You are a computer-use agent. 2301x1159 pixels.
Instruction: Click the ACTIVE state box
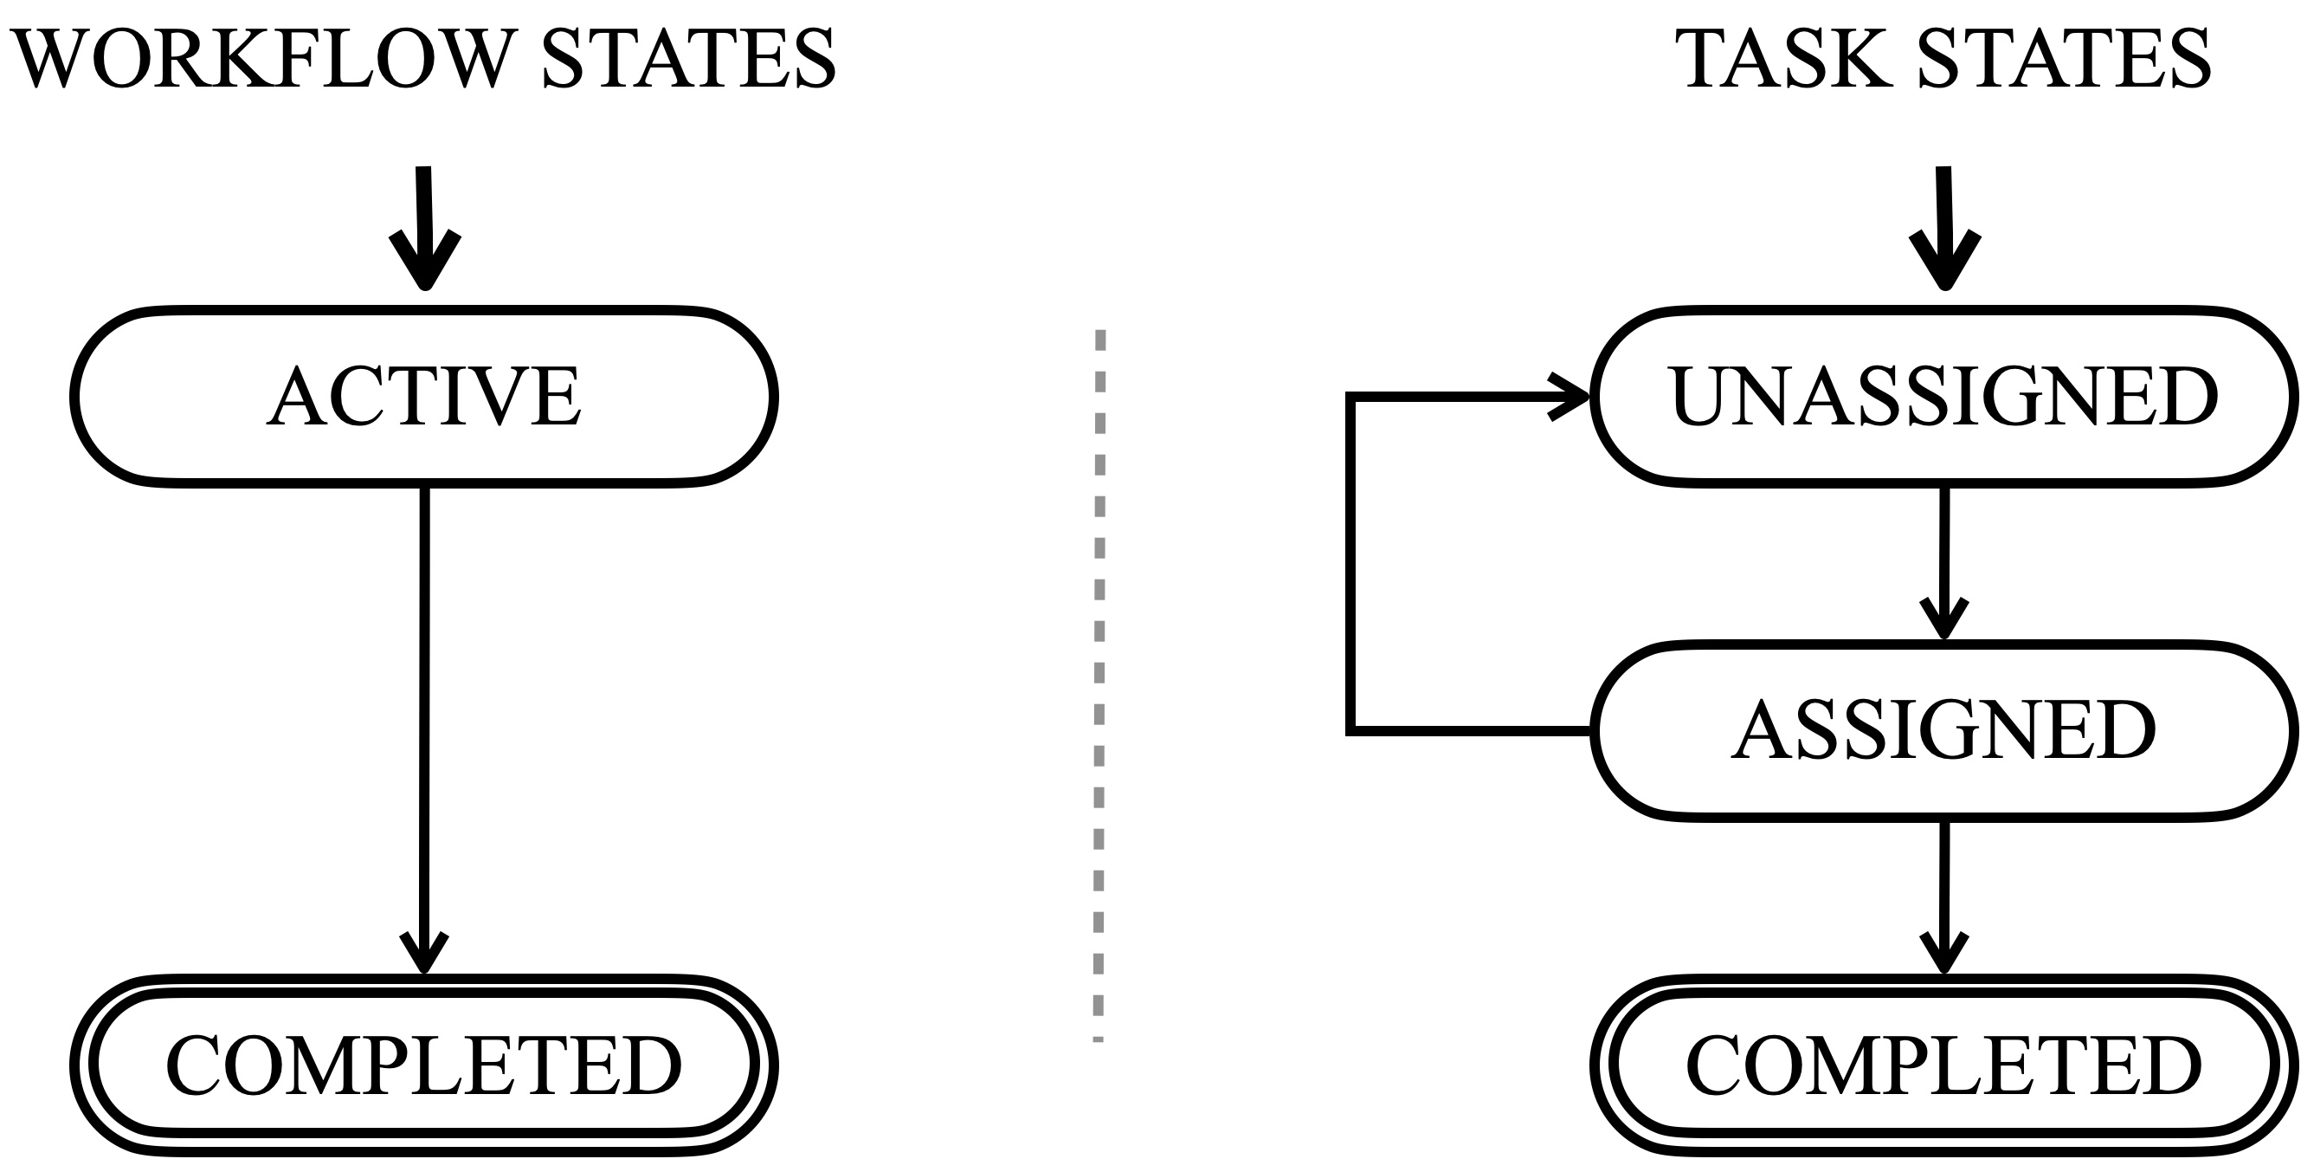pyautogui.click(x=423, y=398)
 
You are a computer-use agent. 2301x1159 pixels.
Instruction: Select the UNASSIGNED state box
pyautogui.click(x=1943, y=398)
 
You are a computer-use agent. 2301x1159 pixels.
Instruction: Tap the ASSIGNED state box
pyautogui.click(x=1943, y=731)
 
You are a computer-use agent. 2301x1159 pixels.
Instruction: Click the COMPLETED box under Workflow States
pyautogui.click(x=423, y=1065)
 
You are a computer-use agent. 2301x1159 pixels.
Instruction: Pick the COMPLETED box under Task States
pyautogui.click(x=1943, y=1065)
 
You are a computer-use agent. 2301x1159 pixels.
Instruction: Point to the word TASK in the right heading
pyautogui.click(x=1785, y=59)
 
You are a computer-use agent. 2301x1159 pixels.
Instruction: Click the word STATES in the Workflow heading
pyautogui.click(x=688, y=59)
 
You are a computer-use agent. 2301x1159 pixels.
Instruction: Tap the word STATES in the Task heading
pyautogui.click(x=2064, y=59)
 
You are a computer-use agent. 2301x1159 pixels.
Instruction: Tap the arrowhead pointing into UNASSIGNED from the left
pyautogui.click(x=1568, y=398)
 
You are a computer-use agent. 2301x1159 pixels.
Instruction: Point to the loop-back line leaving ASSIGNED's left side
pyautogui.click(x=1474, y=731)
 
